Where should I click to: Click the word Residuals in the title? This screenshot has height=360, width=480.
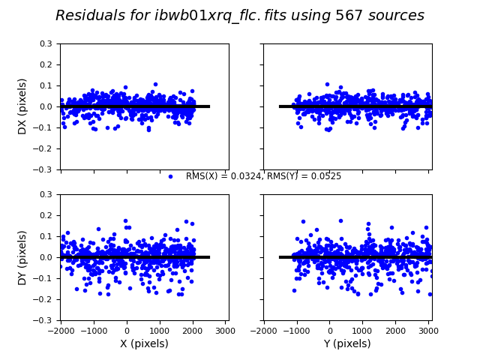point(91,16)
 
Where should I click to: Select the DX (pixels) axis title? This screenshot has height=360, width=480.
point(22,106)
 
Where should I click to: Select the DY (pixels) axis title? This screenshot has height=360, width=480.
point(22,257)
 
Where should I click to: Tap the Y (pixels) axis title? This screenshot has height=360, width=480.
point(347,343)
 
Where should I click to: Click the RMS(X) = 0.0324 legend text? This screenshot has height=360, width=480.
point(224,177)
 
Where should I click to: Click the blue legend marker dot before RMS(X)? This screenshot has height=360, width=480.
point(170,177)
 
